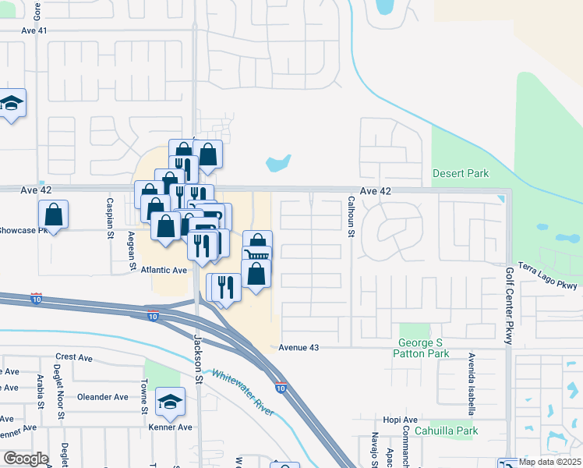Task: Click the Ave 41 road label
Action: [x=35, y=30]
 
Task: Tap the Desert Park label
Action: [x=461, y=173]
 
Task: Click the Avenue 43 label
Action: [x=300, y=346]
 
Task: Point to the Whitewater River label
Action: [x=243, y=392]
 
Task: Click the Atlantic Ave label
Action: [x=164, y=270]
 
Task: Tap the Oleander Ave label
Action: [x=102, y=396]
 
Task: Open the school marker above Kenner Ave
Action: [x=171, y=402]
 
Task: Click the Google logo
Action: [x=25, y=459]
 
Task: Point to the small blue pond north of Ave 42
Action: [x=278, y=164]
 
